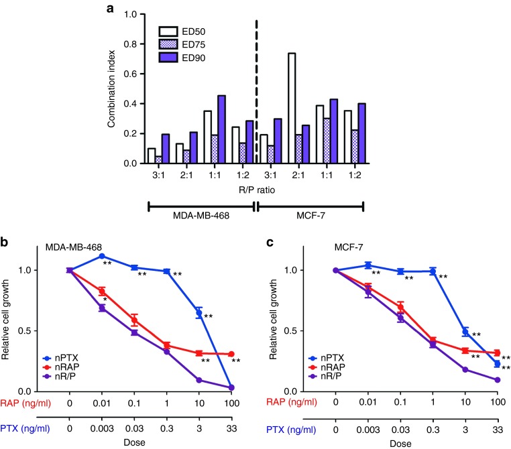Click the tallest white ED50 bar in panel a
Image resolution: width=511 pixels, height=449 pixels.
pyautogui.click(x=292, y=107)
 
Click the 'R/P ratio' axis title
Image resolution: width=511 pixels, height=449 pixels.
pyautogui.click(x=256, y=190)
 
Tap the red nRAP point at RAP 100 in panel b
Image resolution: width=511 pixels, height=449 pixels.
pyautogui.click(x=231, y=354)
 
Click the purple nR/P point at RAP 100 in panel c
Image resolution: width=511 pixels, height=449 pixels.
pyautogui.click(x=497, y=380)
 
